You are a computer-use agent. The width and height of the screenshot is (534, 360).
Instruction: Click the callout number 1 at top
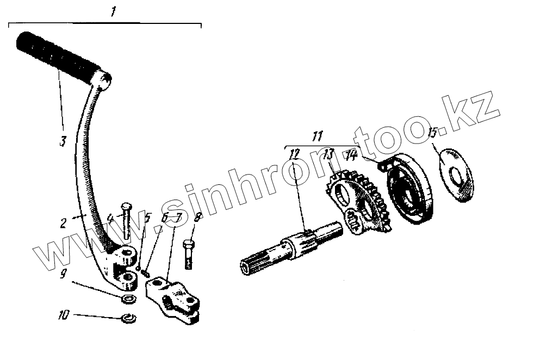tap(113, 12)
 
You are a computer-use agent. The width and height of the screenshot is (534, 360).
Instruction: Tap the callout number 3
tap(63, 141)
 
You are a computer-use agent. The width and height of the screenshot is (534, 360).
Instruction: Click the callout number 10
tap(64, 315)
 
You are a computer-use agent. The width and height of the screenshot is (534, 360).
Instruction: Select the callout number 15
tap(433, 132)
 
